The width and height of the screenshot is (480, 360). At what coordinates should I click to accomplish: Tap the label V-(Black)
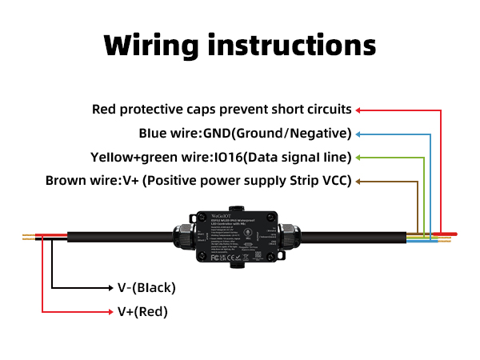tap(146, 287)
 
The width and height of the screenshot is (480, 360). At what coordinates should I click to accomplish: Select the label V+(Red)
tap(143, 311)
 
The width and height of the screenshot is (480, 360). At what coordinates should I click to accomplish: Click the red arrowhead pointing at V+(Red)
tap(111, 311)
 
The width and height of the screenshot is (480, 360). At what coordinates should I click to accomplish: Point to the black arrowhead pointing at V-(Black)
tap(111, 287)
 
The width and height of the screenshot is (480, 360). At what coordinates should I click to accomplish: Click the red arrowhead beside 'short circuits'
tap(358, 110)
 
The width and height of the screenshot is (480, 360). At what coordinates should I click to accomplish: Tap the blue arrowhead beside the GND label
tap(358, 133)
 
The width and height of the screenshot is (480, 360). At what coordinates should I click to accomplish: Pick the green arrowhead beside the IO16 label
tap(358, 157)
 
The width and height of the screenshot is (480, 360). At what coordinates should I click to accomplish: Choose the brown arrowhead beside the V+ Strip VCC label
tap(358, 181)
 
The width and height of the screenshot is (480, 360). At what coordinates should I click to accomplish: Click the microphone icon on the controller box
tap(247, 236)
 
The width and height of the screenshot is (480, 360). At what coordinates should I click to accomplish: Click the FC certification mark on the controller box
tap(214, 258)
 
